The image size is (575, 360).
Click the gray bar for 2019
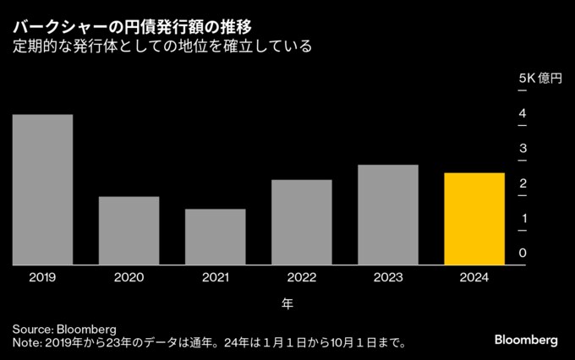click(x=42, y=189)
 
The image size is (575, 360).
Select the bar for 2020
click(x=129, y=231)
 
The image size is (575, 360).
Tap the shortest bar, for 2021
click(x=215, y=237)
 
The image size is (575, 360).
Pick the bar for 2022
click(x=302, y=222)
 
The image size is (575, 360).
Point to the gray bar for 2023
click(x=388, y=215)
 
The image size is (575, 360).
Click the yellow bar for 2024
click(x=474, y=219)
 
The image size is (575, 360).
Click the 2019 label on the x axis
click(x=42, y=277)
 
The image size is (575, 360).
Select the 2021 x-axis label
click(x=215, y=277)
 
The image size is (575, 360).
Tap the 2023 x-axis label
click(x=388, y=277)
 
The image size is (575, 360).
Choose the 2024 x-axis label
click(x=474, y=277)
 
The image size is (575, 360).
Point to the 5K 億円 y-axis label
click(x=539, y=78)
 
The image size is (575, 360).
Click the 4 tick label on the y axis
click(x=523, y=113)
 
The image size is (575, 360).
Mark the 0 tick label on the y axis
click(x=523, y=254)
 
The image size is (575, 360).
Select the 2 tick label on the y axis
click(x=523, y=183)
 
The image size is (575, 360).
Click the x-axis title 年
click(x=287, y=302)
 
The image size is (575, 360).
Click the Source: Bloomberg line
click(x=64, y=328)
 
